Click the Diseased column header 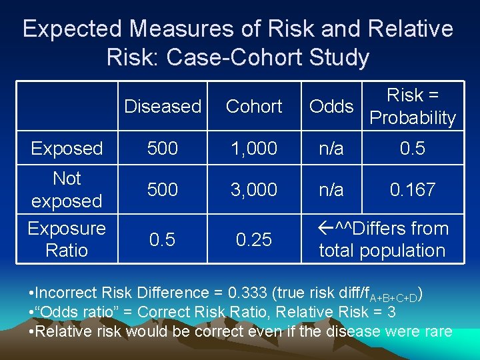pos(163,106)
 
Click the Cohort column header pos(254,106)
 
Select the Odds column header pos(331,106)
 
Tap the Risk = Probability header pos(413,107)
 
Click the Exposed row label pos(67,148)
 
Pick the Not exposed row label pos(67,189)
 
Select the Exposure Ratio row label pos(67,239)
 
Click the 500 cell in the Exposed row pos(163,148)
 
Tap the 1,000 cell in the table pos(254,148)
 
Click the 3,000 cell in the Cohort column pos(254,189)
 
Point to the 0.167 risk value pos(413,189)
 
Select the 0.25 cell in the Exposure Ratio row pos(254,239)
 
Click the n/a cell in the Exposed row pos(331,148)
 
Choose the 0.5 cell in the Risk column pos(413,148)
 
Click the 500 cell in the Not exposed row pos(163,189)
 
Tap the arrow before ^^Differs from pos(326,229)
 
